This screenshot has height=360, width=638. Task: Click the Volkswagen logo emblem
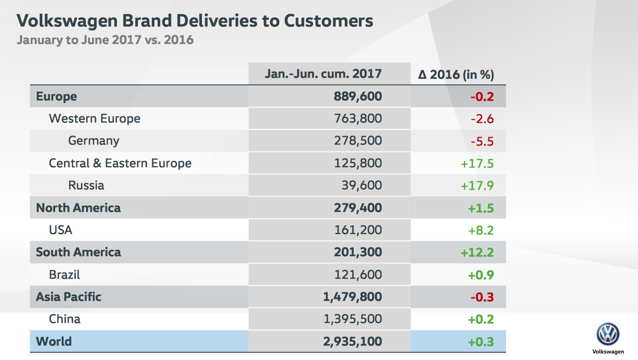tap(608, 335)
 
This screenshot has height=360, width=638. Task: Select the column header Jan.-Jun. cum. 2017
tap(323, 74)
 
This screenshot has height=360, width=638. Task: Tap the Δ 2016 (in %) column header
tap(456, 75)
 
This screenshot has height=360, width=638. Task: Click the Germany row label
tap(94, 141)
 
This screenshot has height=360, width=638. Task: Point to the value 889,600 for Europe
tap(358, 96)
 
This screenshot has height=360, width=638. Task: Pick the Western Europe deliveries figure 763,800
tap(358, 119)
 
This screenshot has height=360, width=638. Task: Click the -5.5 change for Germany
tap(482, 141)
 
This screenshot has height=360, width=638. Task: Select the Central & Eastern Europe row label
tap(120, 163)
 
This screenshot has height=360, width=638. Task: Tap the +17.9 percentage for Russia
tap(477, 185)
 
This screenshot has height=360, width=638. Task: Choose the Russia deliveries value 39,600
tap(362, 185)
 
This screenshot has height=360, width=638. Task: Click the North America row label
tap(78, 208)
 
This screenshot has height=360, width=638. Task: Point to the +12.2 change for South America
tap(477, 252)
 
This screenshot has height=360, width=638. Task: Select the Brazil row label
tap(65, 274)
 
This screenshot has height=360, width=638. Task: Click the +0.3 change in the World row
tap(481, 341)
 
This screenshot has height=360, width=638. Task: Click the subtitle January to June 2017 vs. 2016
tap(105, 40)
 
